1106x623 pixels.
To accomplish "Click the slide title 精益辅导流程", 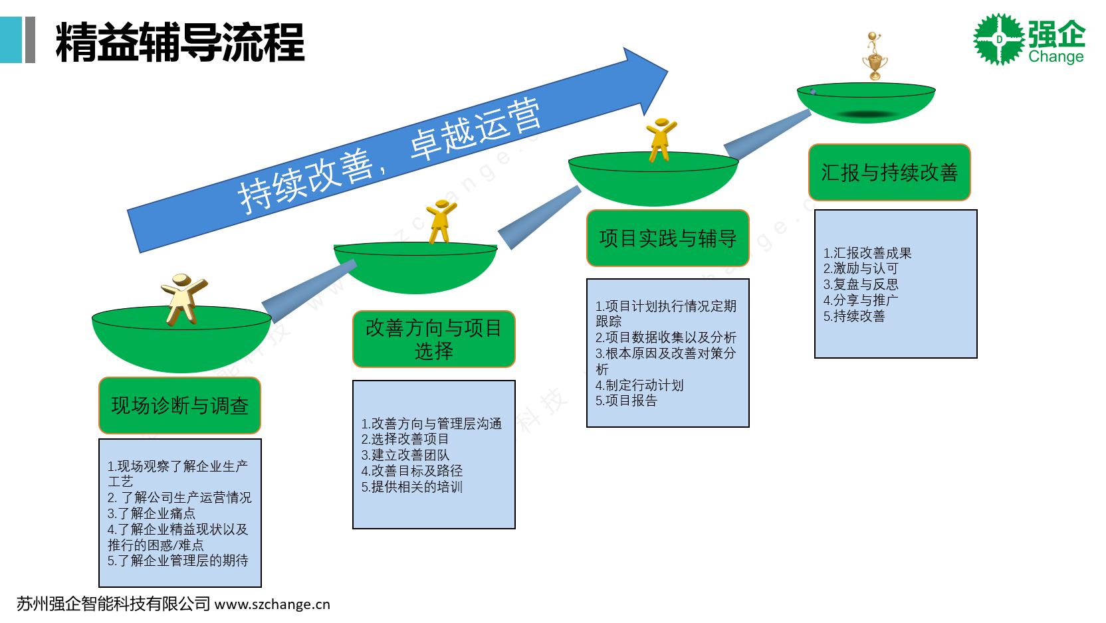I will pyautogui.click(x=179, y=42).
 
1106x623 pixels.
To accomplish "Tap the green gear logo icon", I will pyautogui.click(x=998, y=39).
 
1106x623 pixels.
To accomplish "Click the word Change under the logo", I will pyautogui.click(x=1055, y=57).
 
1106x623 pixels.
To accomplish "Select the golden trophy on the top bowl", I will pyautogui.click(x=875, y=57).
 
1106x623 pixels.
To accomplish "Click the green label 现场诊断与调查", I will pyautogui.click(x=179, y=405).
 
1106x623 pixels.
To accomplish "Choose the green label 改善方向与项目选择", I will pyautogui.click(x=433, y=339).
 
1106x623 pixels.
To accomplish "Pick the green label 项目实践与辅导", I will pyautogui.click(x=667, y=238).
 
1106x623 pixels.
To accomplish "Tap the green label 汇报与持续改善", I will pyautogui.click(x=889, y=173).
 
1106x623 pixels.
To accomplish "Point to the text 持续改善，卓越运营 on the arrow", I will pyautogui.click(x=389, y=156).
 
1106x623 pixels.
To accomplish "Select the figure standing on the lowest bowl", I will pyautogui.click(x=183, y=298).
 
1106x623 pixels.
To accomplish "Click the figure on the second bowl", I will pyautogui.click(x=441, y=221).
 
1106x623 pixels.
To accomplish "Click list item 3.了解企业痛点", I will pyautogui.click(x=152, y=513).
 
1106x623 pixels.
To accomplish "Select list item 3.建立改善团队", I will pyautogui.click(x=405, y=455).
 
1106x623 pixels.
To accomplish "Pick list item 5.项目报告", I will pyautogui.click(x=626, y=400).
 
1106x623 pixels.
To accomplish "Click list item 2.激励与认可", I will pyautogui.click(x=861, y=268).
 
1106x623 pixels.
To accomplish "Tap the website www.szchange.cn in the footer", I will pyautogui.click(x=273, y=604).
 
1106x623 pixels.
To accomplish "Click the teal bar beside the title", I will pyautogui.click(x=11, y=40).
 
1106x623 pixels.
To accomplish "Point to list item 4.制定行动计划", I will pyautogui.click(x=639, y=385).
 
